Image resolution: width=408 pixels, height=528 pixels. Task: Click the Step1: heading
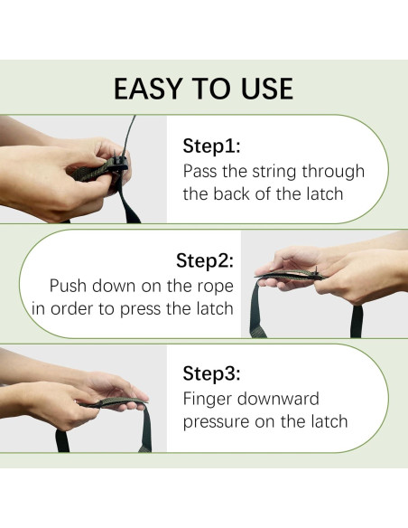click(212, 146)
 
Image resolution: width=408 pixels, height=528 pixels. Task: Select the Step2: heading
click(205, 260)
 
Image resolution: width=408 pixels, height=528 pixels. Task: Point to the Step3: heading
click(212, 373)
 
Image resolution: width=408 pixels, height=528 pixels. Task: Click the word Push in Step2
click(69, 286)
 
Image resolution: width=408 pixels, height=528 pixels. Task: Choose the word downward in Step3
click(278, 399)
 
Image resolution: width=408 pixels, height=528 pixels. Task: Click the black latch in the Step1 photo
click(120, 163)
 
